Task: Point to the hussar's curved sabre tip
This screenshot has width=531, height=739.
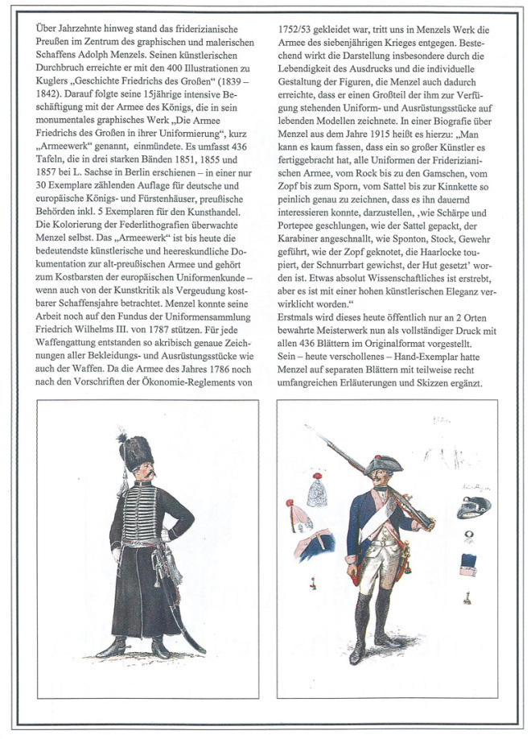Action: coord(202,650)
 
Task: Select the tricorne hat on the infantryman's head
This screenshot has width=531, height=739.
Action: coord(384,464)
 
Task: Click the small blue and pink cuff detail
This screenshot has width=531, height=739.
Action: coord(469,564)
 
